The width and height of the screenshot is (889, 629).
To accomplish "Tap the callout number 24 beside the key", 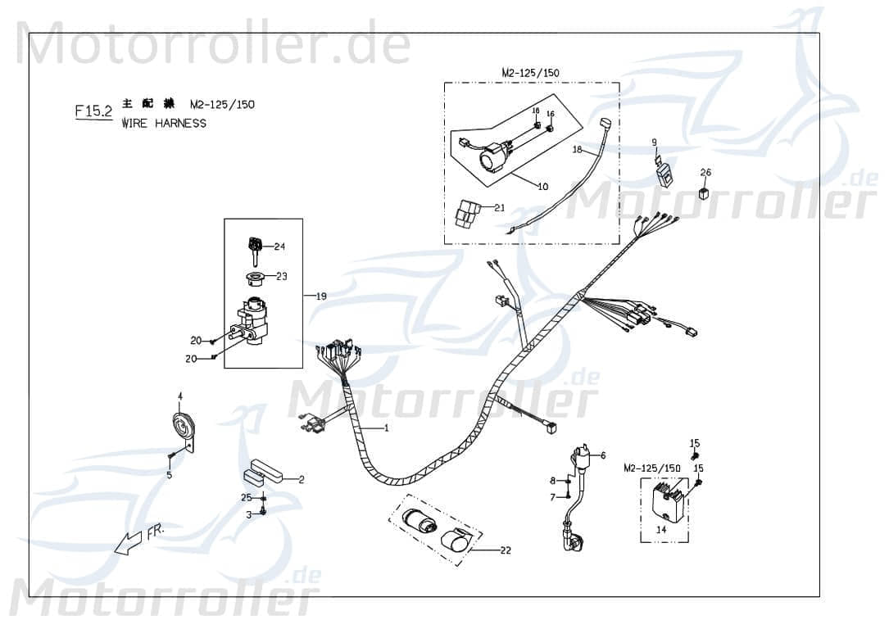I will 279,247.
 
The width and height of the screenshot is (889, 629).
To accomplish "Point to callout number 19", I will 320,296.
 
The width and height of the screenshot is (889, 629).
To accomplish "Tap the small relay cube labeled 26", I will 703,193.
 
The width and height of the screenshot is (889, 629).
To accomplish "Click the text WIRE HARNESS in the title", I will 164,124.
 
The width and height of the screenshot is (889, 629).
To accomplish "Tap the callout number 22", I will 505,550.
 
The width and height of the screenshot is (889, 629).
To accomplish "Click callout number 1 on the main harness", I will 386,428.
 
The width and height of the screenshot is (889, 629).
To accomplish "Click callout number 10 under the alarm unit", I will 542,187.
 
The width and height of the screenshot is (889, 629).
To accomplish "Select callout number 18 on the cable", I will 577,151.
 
